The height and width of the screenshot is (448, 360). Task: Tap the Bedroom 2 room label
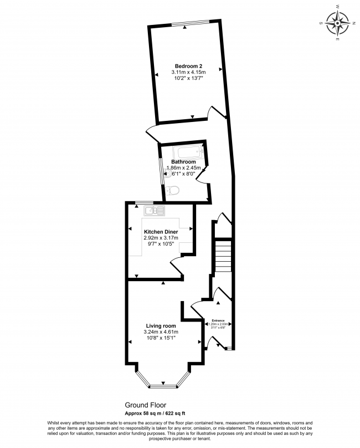[x=188, y=65]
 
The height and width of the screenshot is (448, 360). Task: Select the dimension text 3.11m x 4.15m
[x=188, y=73]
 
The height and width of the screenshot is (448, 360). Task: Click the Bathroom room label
[x=183, y=162]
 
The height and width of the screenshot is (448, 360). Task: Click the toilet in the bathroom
[x=173, y=191]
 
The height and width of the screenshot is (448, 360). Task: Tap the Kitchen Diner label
[x=161, y=231]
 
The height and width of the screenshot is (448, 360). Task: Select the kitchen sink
[x=154, y=211]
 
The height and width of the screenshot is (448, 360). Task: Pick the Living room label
[x=161, y=325]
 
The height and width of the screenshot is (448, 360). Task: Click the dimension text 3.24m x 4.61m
[x=161, y=332]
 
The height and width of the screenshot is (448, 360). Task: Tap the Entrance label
[x=218, y=320]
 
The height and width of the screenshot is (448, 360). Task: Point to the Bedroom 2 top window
[x=190, y=23]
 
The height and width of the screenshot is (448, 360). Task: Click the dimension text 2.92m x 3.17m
[x=161, y=238]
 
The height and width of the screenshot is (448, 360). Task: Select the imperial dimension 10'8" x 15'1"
[x=161, y=339]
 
